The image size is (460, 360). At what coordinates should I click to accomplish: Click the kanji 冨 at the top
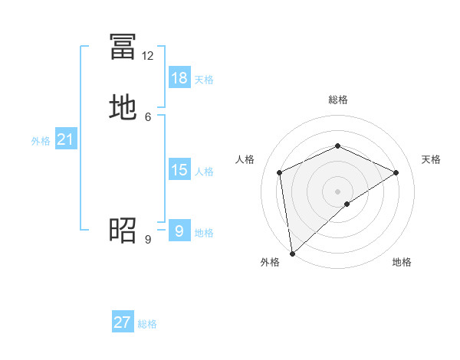pyautogui.click(x=123, y=46)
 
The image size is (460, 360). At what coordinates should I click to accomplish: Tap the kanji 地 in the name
pyautogui.click(x=123, y=107)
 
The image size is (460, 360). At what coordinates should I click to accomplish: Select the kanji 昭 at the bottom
pyautogui.click(x=123, y=229)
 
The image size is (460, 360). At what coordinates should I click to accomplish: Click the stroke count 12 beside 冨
pyautogui.click(x=148, y=56)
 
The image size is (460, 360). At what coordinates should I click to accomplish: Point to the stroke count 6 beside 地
pyautogui.click(x=148, y=116)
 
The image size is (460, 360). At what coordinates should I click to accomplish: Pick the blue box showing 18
pyautogui.click(x=179, y=78)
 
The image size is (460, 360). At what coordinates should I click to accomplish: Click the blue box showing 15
pyautogui.click(x=179, y=170)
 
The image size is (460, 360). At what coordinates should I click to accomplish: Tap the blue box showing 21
pyautogui.click(x=65, y=140)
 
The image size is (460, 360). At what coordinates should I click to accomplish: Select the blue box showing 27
pyautogui.click(x=123, y=322)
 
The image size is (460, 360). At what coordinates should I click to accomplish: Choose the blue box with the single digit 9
pyautogui.click(x=179, y=231)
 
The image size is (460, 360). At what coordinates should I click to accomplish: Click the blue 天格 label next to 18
pyautogui.click(x=204, y=80)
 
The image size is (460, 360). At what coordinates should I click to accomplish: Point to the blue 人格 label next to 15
pyautogui.click(x=204, y=172)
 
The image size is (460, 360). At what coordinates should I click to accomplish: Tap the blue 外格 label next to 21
pyautogui.click(x=41, y=141)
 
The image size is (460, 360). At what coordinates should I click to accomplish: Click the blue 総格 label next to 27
pyautogui.click(x=147, y=324)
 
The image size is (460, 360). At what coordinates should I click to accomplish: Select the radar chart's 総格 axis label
pyautogui.click(x=338, y=100)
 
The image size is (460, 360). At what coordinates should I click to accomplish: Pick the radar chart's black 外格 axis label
pyautogui.click(x=270, y=262)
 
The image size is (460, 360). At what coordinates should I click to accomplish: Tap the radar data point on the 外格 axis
pyautogui.click(x=292, y=253)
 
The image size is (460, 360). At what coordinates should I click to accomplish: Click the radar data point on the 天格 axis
pyautogui.click(x=396, y=172)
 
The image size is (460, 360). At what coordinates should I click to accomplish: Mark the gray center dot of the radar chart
pyautogui.click(x=338, y=191)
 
